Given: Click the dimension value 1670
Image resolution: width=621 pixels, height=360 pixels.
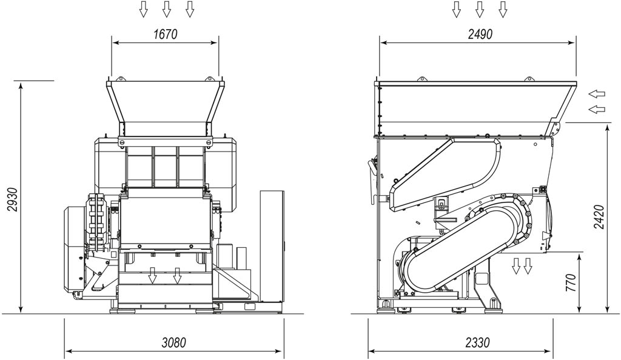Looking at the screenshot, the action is [165, 35].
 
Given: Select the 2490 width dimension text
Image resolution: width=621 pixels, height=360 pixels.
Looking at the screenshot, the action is [480, 35].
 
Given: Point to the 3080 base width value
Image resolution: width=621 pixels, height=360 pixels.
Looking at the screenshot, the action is [174, 342].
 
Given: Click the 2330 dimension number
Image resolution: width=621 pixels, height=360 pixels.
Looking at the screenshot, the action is [478, 342].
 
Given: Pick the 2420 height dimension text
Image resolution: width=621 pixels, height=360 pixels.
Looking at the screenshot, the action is [599, 217].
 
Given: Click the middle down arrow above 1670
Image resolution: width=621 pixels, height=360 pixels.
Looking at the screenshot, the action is [166, 9].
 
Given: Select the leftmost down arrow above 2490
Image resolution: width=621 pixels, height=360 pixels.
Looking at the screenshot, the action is [456, 9].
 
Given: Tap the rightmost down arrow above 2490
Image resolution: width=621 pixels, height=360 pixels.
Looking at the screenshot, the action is [503, 9].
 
